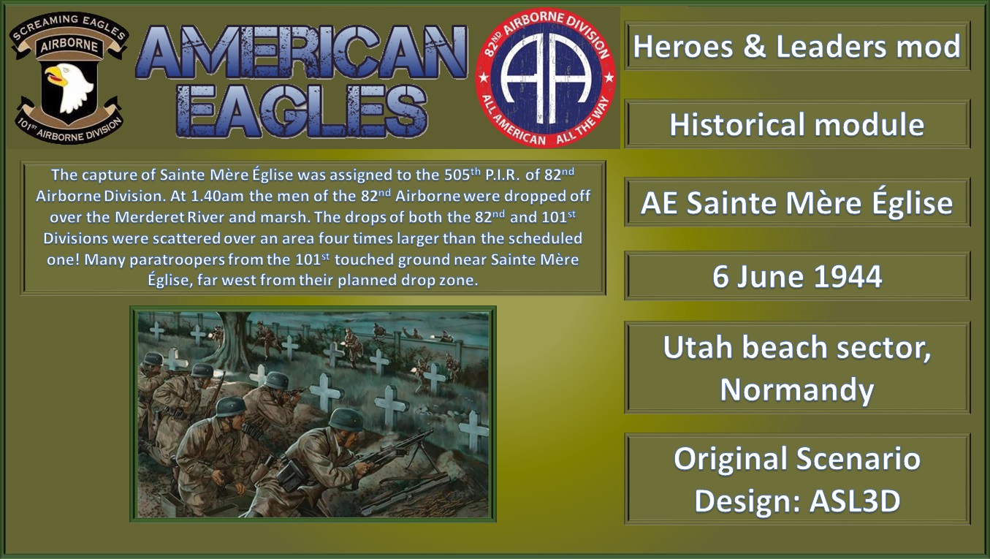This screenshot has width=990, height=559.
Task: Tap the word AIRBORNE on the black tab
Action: coord(69,43)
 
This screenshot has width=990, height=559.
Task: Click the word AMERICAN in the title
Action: coord(301,53)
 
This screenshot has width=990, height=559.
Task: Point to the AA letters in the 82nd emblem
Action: coord(546,78)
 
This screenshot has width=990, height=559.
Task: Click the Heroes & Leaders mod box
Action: coord(797,47)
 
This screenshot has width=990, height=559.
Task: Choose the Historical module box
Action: coord(797,125)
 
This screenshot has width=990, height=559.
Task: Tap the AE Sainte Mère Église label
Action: coord(797,202)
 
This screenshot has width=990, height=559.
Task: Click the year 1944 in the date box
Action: coord(850,277)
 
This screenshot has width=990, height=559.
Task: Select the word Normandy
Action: coord(797,390)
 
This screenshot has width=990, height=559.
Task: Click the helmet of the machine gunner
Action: coord(346,419)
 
